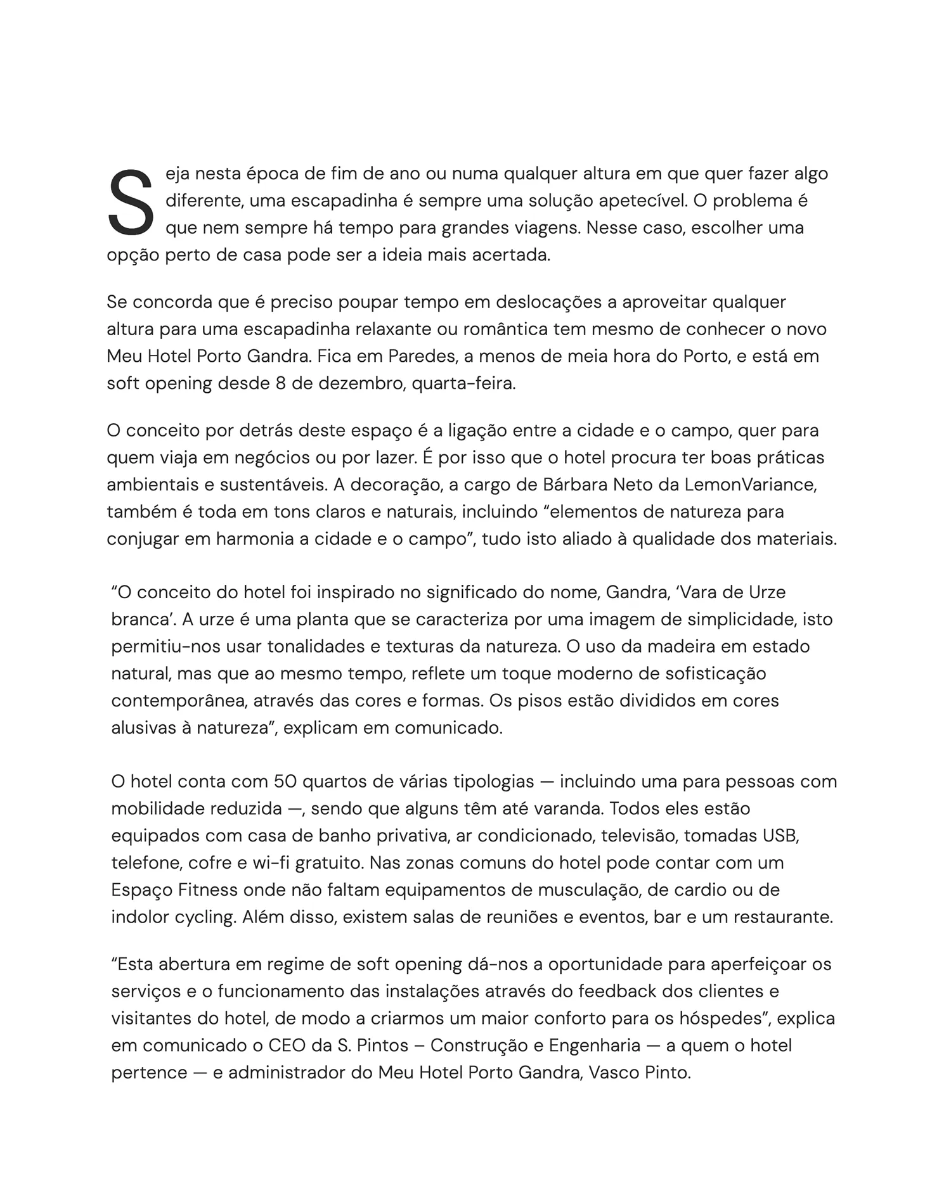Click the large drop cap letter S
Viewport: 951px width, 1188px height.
tap(131, 202)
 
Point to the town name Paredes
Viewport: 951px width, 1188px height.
tap(422, 356)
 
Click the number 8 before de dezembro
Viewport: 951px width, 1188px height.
tap(281, 383)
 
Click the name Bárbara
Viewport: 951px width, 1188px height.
tap(575, 485)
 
